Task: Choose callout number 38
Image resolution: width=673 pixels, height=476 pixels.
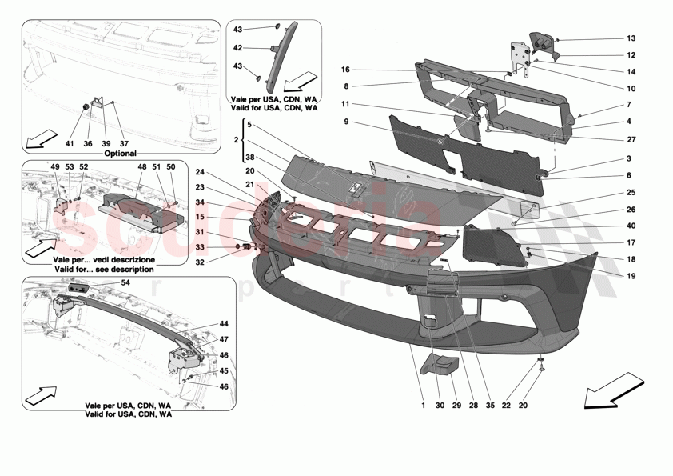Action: coord(249,158)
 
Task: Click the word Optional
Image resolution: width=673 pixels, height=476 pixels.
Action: coord(119,153)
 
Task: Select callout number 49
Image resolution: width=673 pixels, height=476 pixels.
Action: coord(56,166)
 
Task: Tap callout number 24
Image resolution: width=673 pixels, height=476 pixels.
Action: coord(201,171)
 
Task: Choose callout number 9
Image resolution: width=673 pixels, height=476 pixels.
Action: coord(347,122)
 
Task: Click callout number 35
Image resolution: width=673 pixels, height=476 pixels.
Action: coord(490,405)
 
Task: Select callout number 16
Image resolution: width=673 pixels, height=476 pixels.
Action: coord(347,70)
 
